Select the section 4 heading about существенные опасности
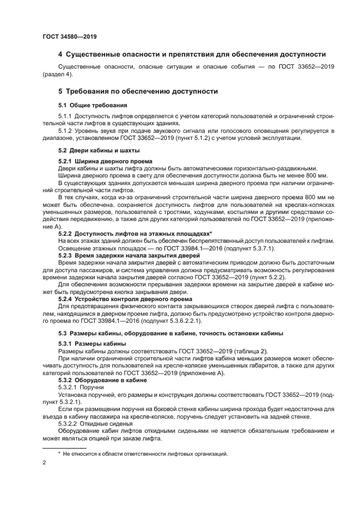[192, 54]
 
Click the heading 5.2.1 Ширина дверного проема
[105, 162]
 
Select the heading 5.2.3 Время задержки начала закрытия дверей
[129, 255]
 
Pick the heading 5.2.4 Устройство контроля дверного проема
[127, 299]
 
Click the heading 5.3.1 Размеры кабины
[92, 344]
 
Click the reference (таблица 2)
[246, 351]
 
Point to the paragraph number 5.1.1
[65, 116]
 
